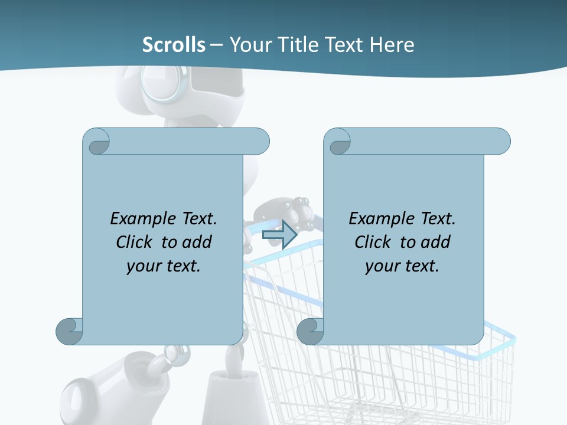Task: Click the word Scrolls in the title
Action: click(x=174, y=45)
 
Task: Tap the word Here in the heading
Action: click(x=392, y=45)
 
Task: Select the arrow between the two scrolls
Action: click(x=279, y=234)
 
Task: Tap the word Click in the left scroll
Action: click(x=136, y=242)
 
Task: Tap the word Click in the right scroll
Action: click(x=375, y=242)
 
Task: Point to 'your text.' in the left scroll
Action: click(x=164, y=266)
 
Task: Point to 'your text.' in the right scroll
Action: click(x=402, y=266)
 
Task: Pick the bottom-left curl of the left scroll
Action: click(x=69, y=331)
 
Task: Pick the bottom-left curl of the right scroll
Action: click(x=310, y=331)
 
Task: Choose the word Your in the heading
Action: click(x=248, y=45)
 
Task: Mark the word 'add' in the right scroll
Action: click(x=436, y=242)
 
